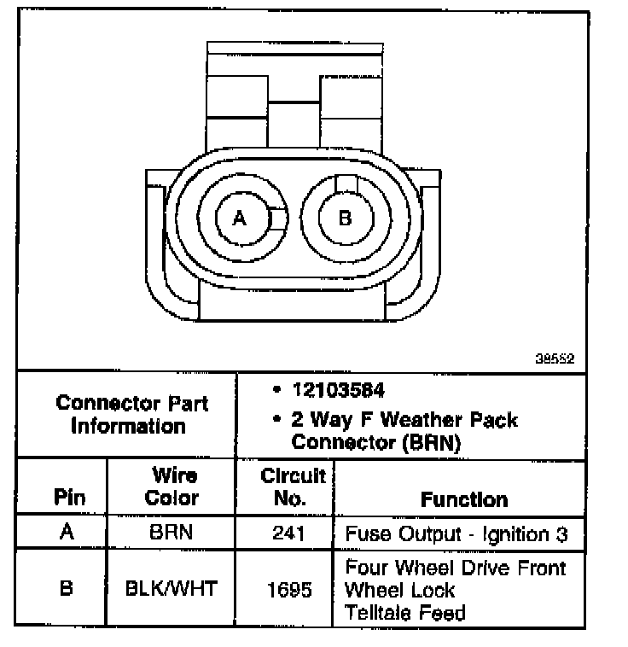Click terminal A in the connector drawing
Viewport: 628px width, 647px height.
(240, 219)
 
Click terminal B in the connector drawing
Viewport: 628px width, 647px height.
(345, 219)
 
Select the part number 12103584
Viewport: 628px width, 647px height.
(338, 391)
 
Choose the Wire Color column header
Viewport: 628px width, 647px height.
(174, 487)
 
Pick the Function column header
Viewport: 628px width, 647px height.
(464, 499)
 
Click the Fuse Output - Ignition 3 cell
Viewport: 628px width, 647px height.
(456, 535)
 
